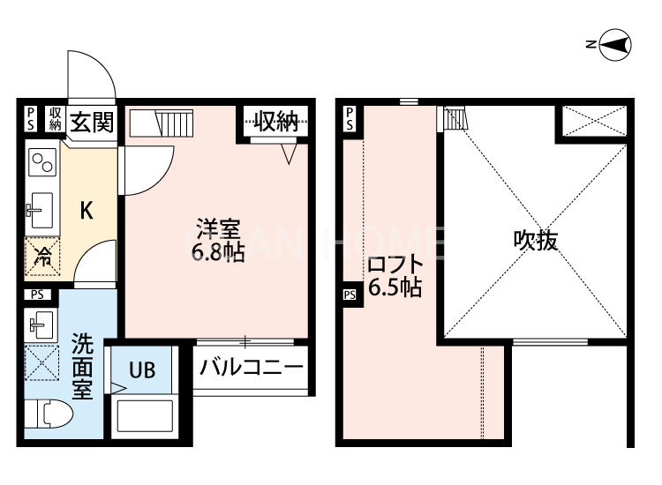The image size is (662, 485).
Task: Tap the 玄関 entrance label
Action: (91, 121)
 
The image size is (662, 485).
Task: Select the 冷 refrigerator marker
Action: (42, 258)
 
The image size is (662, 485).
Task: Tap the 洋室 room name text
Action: (217, 231)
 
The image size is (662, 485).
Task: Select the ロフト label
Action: (395, 265)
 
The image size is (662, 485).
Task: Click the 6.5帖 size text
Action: (395, 287)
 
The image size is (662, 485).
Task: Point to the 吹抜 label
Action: (536, 240)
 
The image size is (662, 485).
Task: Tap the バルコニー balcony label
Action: (251, 366)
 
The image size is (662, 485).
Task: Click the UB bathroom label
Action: (142, 370)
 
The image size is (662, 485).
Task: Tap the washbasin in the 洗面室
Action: (41, 324)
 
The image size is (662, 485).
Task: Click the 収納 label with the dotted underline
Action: (276, 122)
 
